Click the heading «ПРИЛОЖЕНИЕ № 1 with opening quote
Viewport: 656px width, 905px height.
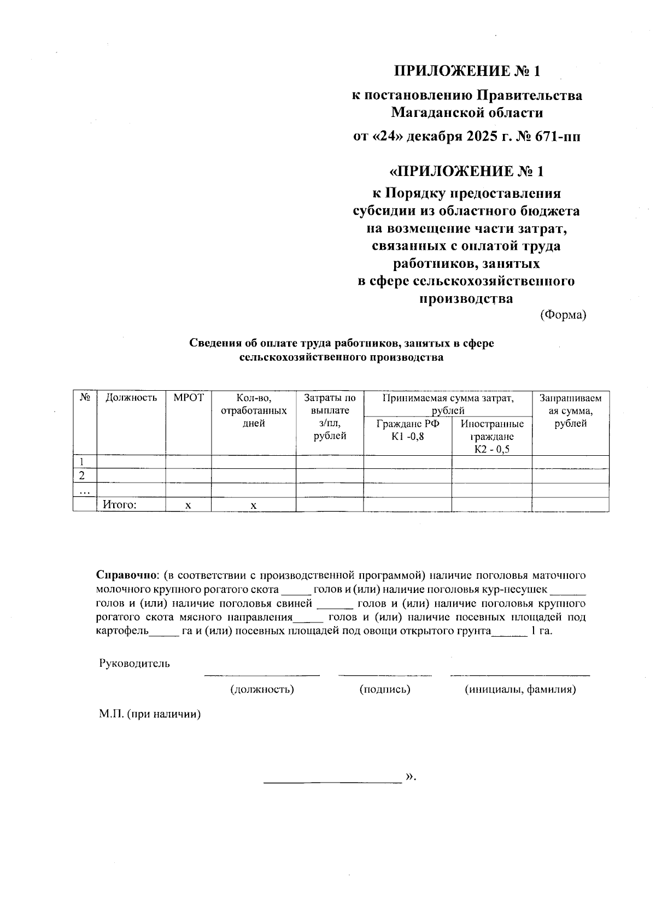[x=466, y=172]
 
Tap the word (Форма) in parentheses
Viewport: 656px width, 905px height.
[x=563, y=315]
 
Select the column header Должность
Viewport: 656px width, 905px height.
[x=131, y=398]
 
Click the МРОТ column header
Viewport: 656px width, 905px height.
[x=188, y=398]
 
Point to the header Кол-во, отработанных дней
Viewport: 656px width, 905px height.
[x=253, y=410]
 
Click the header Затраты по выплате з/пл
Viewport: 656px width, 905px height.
[x=330, y=416]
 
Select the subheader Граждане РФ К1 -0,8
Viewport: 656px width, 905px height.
[x=407, y=430]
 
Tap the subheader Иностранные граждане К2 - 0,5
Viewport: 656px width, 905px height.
[x=492, y=436]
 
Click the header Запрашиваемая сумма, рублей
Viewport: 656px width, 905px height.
[x=570, y=410]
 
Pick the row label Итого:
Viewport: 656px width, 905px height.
[x=119, y=505]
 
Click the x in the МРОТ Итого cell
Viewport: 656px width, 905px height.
[x=188, y=506]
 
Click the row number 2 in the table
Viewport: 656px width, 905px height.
[x=82, y=475]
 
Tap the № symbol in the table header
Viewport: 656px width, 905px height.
[x=85, y=398]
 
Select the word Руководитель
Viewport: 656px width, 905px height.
[x=134, y=663]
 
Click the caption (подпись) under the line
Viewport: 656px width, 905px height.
[x=385, y=689]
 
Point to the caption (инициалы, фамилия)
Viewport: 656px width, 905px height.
[x=520, y=689]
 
